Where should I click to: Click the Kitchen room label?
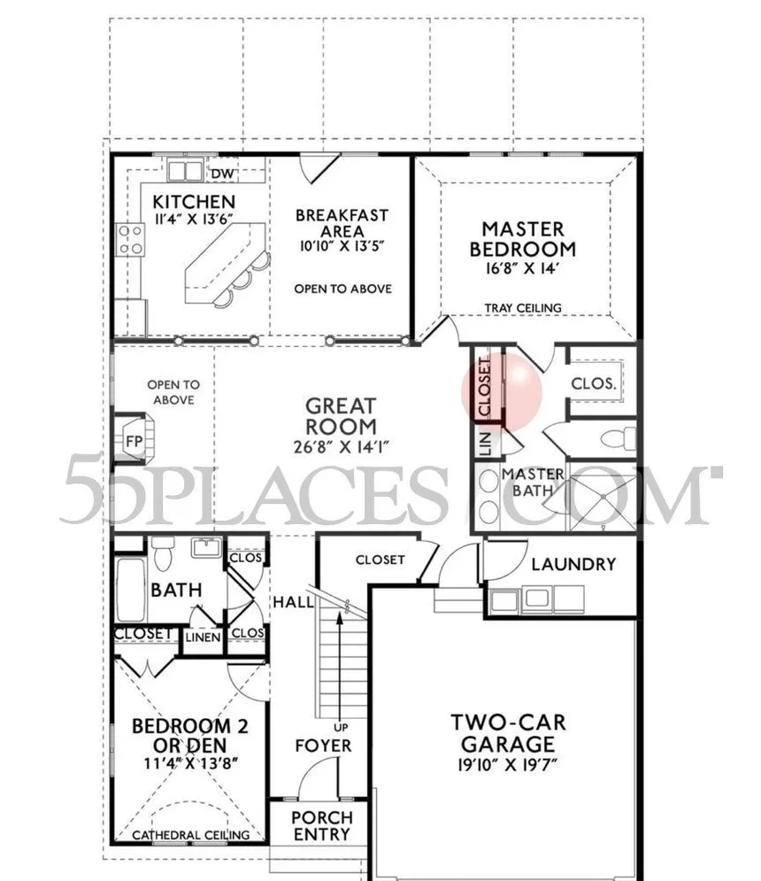tap(194, 202)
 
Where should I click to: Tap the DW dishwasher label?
tap(221, 172)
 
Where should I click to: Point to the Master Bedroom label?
tap(523, 238)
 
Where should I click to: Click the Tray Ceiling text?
tap(523, 308)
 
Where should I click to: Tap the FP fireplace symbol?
tap(135, 440)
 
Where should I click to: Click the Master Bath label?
tap(533, 481)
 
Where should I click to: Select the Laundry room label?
tap(573, 564)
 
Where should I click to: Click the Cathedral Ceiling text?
tap(188, 835)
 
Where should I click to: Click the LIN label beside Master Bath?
tap(485, 442)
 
